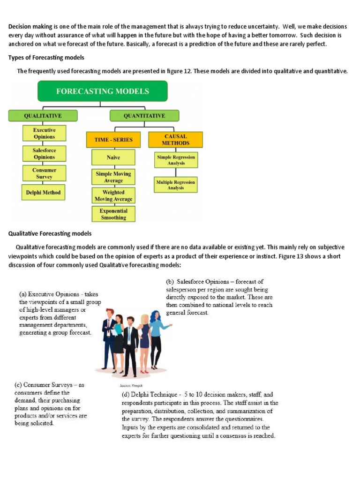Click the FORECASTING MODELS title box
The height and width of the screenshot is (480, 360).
coord(102,91)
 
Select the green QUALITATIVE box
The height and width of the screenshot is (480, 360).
coord(43,116)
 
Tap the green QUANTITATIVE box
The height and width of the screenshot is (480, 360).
coord(144,116)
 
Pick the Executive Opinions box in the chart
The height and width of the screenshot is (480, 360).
coord(44,134)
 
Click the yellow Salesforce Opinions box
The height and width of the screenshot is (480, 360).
coord(44,154)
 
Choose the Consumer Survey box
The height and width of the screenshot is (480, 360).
coord(44,173)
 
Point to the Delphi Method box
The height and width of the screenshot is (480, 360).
coord(44,192)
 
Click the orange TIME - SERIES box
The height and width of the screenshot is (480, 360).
coord(113,140)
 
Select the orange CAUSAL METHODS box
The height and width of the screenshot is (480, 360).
coord(176,140)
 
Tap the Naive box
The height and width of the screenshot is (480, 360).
coord(113,158)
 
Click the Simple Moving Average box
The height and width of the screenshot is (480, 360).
coord(113,177)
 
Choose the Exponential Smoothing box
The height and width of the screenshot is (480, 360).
coord(113,214)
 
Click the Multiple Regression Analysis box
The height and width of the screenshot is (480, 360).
coord(176,185)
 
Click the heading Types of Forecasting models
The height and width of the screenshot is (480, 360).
coord(46,58)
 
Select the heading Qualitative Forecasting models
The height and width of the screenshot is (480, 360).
coord(50,233)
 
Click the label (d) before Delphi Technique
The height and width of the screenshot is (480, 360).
coord(126,395)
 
